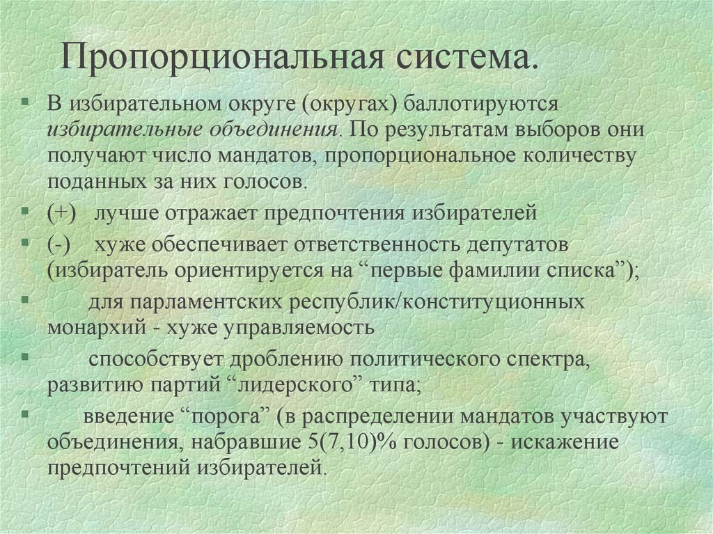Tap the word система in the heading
[x=462, y=58]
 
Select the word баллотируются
[x=481, y=104]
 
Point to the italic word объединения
[x=274, y=131]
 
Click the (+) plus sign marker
[x=62, y=213]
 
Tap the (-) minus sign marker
[x=58, y=245]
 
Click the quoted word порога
[x=224, y=417]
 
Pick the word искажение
[x=565, y=442]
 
